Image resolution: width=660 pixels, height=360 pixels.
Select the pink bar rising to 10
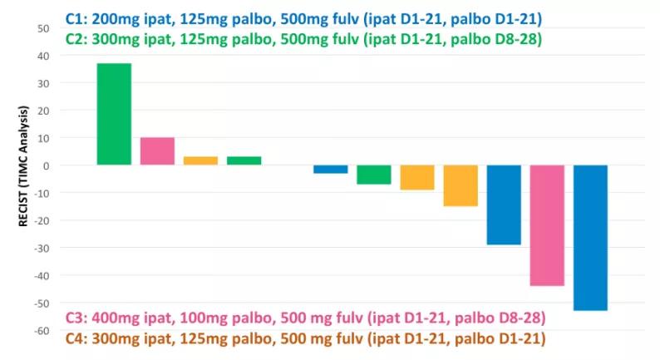(157, 151)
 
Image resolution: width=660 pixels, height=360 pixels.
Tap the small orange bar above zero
(200, 160)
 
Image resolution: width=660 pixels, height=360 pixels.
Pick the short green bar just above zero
(244, 160)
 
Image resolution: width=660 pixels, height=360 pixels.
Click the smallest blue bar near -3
(330, 169)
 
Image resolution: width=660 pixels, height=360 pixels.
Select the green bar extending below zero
(373, 175)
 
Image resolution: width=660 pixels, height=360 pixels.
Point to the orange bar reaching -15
(460, 185)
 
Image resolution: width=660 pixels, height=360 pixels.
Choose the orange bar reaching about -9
(416, 177)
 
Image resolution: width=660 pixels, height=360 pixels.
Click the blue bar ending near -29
(503, 205)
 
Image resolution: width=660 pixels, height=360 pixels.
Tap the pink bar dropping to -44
(547, 225)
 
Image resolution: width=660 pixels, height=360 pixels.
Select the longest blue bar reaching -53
(590, 238)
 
